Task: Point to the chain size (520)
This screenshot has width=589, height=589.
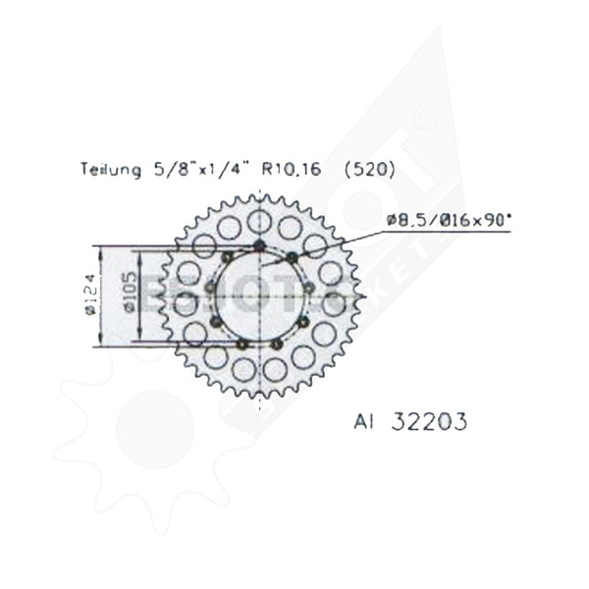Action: (371, 170)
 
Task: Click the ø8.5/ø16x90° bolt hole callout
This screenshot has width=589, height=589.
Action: (450, 222)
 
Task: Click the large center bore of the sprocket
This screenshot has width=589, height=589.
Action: (259, 294)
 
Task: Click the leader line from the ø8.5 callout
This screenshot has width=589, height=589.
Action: (324, 241)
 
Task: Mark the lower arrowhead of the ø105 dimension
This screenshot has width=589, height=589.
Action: (140, 334)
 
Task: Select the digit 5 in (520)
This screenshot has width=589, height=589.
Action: (361, 170)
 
